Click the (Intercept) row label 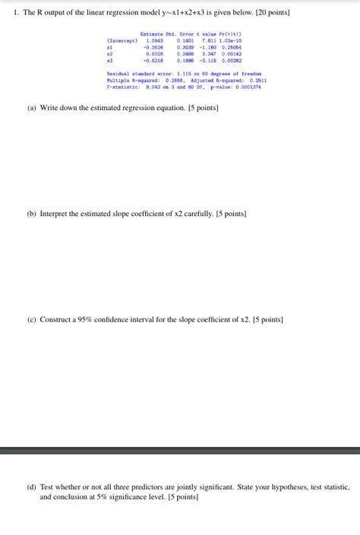[122, 40]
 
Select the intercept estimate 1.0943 [154, 40]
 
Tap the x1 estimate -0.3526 [153, 47]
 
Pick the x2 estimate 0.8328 [154, 54]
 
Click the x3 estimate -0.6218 [153, 61]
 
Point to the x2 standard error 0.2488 [185, 54]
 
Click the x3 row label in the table [110, 61]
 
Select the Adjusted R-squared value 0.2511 [257, 80]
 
